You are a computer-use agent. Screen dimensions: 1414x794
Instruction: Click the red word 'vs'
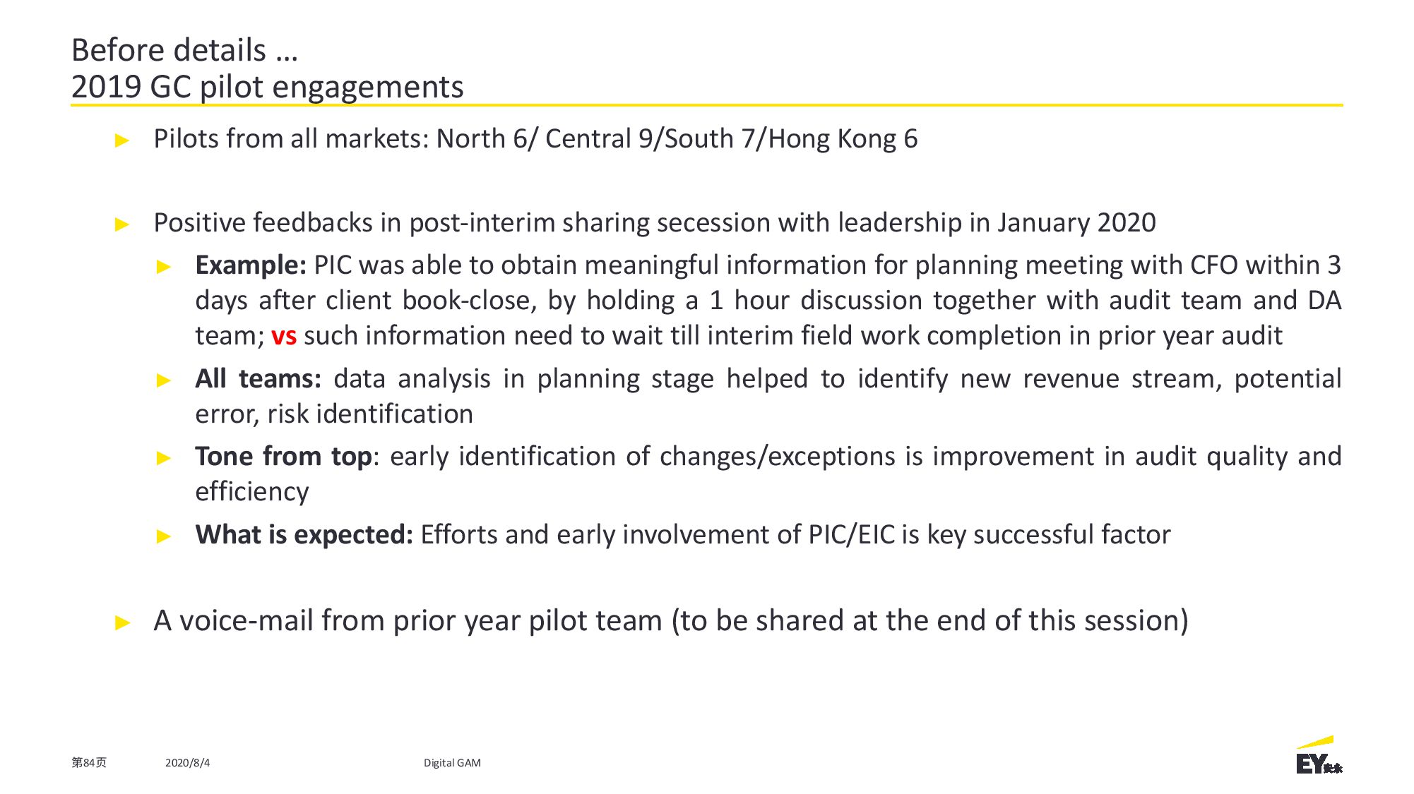coord(284,337)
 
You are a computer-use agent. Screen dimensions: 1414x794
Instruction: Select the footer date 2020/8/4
coord(187,763)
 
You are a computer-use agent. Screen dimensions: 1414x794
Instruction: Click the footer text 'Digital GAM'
coord(452,763)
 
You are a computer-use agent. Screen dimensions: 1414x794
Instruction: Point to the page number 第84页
coord(89,763)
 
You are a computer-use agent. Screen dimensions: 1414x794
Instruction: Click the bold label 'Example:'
coord(251,265)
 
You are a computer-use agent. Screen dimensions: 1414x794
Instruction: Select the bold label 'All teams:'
coord(258,379)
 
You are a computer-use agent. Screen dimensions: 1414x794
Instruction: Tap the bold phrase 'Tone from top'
coord(283,457)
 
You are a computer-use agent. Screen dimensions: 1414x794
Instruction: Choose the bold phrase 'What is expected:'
coord(304,535)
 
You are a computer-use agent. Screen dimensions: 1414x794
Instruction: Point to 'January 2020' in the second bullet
coord(1076,223)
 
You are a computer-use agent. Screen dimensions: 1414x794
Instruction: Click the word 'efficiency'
coord(252,492)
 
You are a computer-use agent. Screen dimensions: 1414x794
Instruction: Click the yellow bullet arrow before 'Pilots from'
coord(122,140)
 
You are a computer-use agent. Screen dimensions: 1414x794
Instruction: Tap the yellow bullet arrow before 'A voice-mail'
coord(122,622)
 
